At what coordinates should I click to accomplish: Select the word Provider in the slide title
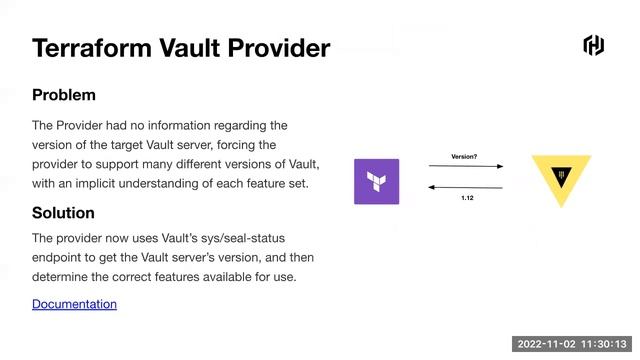click(276, 47)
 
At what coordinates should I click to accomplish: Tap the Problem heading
click(64, 95)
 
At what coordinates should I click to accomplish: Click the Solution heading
click(63, 213)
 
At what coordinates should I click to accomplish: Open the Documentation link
click(74, 303)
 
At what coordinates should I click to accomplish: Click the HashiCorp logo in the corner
click(593, 45)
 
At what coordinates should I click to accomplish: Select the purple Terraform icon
click(376, 182)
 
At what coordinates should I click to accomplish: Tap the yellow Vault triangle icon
click(561, 177)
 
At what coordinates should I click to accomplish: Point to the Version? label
click(464, 157)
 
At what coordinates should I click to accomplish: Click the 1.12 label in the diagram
click(467, 198)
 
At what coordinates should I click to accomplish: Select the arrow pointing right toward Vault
click(465, 167)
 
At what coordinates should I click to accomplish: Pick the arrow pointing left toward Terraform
click(465, 187)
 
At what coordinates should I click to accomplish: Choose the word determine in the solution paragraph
click(63, 276)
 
